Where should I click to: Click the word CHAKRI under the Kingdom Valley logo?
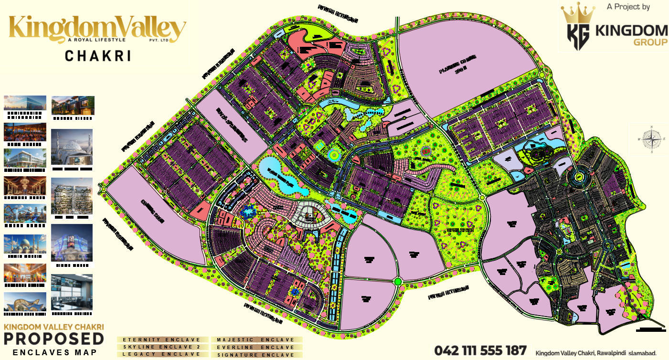tap(98, 56)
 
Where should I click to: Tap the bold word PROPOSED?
tap(54, 339)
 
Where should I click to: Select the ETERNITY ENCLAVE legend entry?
tap(162, 340)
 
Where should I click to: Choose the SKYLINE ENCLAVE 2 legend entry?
tap(162, 347)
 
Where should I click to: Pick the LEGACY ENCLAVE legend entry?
tap(162, 354)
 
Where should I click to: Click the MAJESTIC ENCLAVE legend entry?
tap(256, 340)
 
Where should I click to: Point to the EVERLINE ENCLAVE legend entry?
tap(256, 347)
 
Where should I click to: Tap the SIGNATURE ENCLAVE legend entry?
tap(256, 355)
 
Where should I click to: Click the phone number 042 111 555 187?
tap(480, 351)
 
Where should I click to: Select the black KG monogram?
tap(578, 37)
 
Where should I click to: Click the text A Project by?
tap(628, 7)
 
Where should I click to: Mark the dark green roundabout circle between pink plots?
tap(398, 282)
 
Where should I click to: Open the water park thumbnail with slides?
tap(25, 213)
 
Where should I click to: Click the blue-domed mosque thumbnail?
tap(25, 244)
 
